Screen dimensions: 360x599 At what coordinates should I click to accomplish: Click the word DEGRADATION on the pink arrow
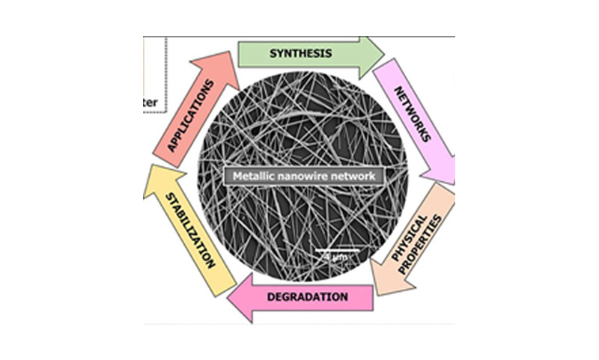pos(307,297)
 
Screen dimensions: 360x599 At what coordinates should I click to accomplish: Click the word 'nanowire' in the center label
pos(306,177)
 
